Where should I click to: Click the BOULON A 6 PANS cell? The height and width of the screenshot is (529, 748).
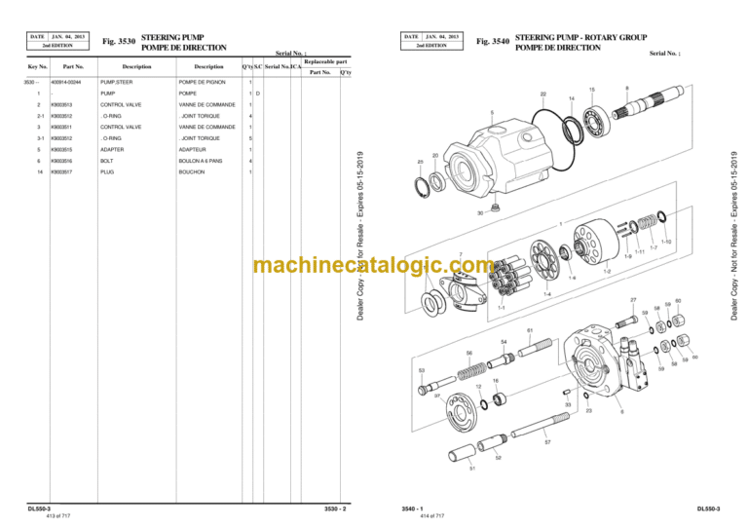201,161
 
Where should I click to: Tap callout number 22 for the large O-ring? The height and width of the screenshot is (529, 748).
542,94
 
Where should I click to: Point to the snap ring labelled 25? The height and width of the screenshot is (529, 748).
427,181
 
